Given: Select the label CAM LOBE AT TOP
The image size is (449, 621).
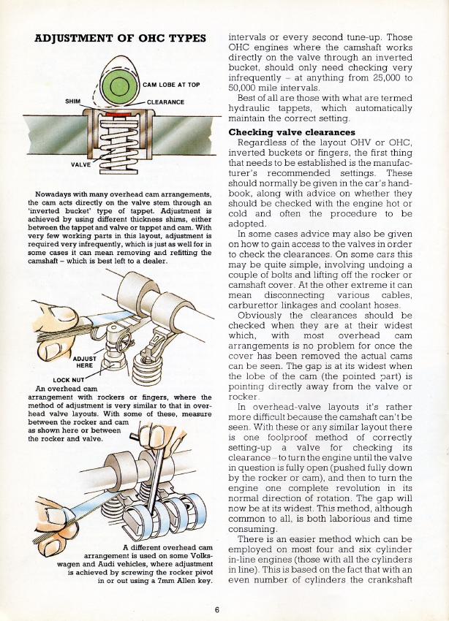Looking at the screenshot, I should (x=172, y=85).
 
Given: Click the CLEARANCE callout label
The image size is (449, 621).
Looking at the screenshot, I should (x=165, y=102).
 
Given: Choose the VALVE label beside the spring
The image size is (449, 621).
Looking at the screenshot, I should (x=80, y=165).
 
